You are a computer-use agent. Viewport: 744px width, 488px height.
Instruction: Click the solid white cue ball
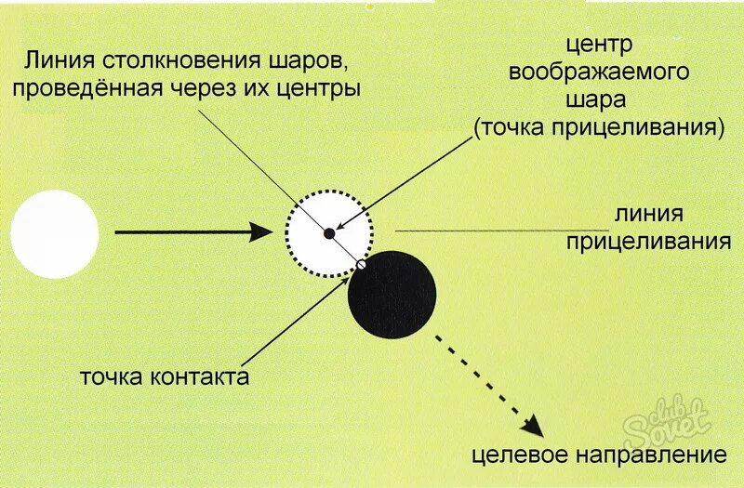[55, 233]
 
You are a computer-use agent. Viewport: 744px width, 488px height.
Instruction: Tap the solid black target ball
[392, 295]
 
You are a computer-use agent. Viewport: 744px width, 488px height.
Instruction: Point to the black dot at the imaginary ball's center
[328, 232]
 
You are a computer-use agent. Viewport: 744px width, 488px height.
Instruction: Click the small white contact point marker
[360, 266]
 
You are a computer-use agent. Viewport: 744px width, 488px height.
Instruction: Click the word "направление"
[642, 455]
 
